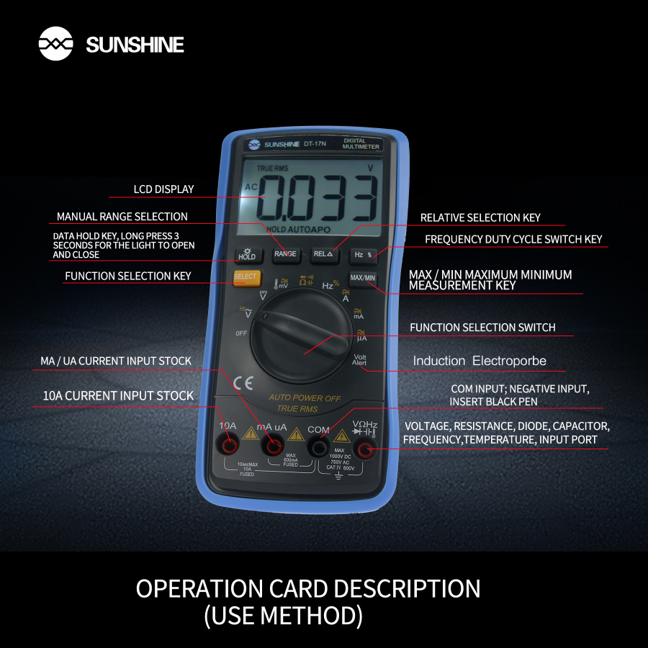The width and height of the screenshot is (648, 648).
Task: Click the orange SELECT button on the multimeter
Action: pos(245,277)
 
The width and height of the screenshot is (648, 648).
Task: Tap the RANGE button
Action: pos(285,253)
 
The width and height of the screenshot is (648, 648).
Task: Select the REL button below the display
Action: pos(323,253)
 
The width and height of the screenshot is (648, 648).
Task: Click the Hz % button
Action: pos(362,254)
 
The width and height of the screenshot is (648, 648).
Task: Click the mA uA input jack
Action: pos(274,447)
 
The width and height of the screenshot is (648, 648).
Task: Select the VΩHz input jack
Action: pos(364,450)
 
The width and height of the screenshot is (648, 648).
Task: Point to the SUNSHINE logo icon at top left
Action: pos(55,45)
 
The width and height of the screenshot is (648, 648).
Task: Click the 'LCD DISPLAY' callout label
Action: pos(163,189)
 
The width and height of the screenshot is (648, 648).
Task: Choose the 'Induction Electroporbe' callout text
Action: pos(480,361)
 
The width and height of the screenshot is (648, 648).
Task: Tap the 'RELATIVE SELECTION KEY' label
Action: pos(480,217)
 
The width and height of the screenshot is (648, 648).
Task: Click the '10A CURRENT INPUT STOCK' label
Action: pos(118,395)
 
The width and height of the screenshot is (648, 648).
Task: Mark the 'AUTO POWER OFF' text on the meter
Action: pos(305,397)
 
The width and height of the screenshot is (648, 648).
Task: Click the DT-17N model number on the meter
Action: pos(315,143)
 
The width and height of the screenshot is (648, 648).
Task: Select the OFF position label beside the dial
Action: pos(241,333)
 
